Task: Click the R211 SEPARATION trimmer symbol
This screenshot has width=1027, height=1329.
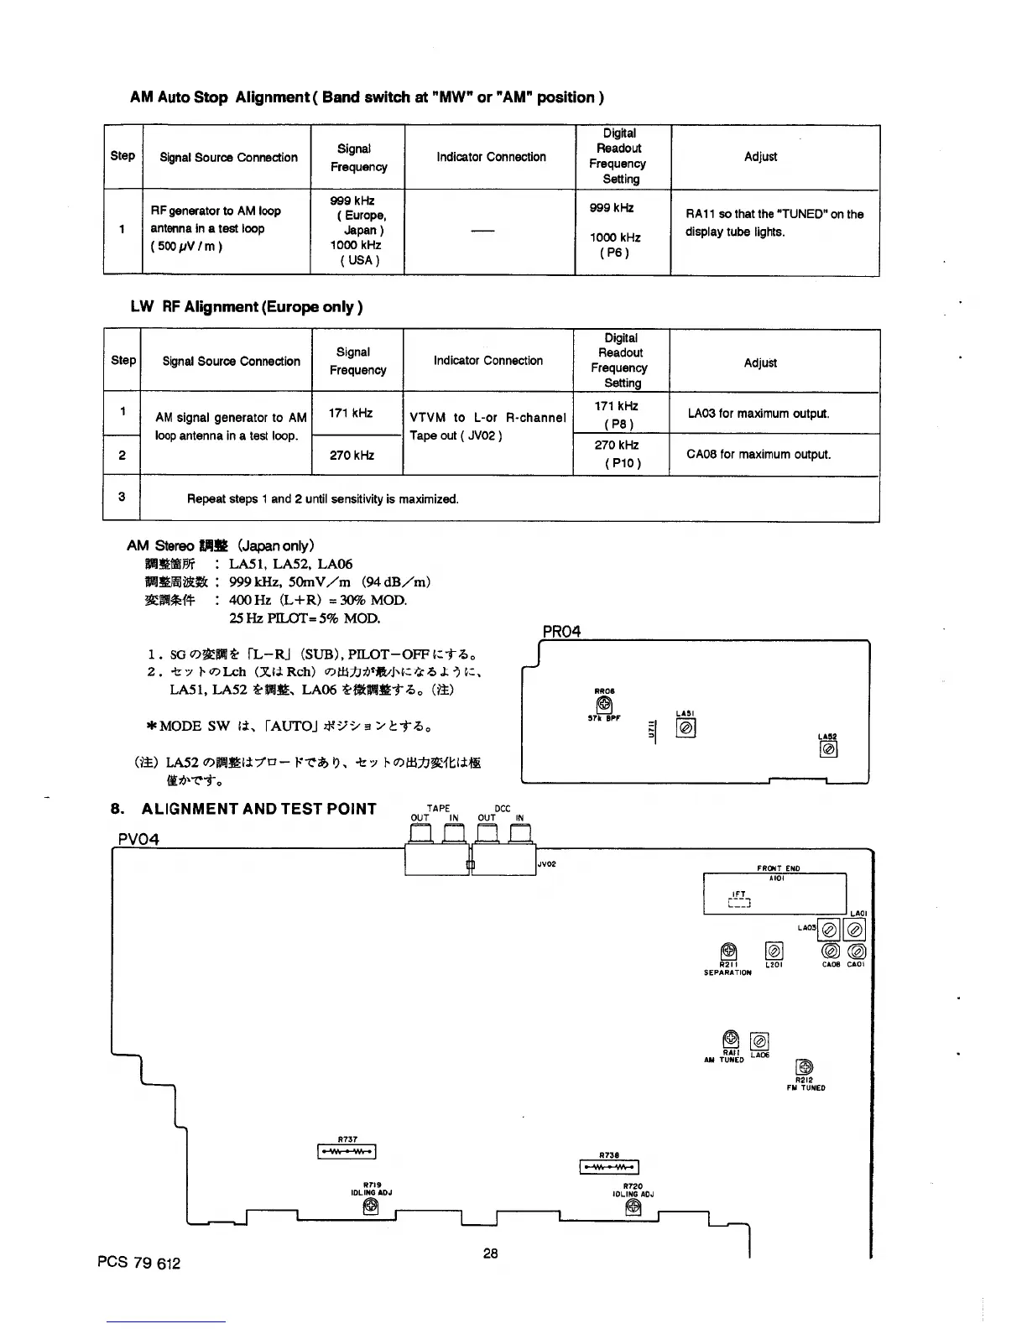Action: coord(729,951)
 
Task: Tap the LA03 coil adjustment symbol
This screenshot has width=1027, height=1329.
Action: coord(830,930)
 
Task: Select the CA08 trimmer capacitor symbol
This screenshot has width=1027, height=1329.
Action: coord(830,951)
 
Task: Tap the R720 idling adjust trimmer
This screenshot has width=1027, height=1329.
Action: coord(633,1207)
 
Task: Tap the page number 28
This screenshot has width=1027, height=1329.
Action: coord(491,1253)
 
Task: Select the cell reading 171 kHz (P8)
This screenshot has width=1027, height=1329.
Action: coord(621,414)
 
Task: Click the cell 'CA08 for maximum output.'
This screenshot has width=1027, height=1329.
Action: coord(759,455)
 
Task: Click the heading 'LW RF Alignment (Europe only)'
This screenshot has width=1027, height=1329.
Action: coord(246,307)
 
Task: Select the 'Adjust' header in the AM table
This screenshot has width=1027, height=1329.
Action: coord(760,157)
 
